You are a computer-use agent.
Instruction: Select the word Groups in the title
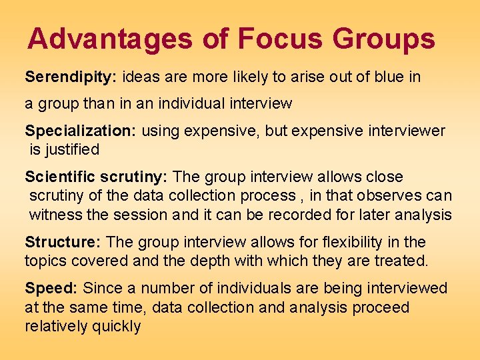click(x=384, y=39)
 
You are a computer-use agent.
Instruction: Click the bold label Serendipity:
click(x=71, y=77)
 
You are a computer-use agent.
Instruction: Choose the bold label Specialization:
click(x=80, y=131)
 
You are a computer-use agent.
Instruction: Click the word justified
click(x=73, y=149)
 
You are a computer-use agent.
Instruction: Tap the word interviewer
click(x=403, y=131)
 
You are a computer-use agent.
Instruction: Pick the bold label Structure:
click(x=63, y=241)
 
